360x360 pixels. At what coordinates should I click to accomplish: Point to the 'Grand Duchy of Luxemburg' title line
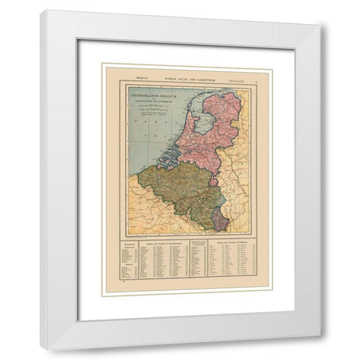(x=154, y=106)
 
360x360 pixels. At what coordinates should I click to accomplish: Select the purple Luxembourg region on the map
(x=220, y=220)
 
